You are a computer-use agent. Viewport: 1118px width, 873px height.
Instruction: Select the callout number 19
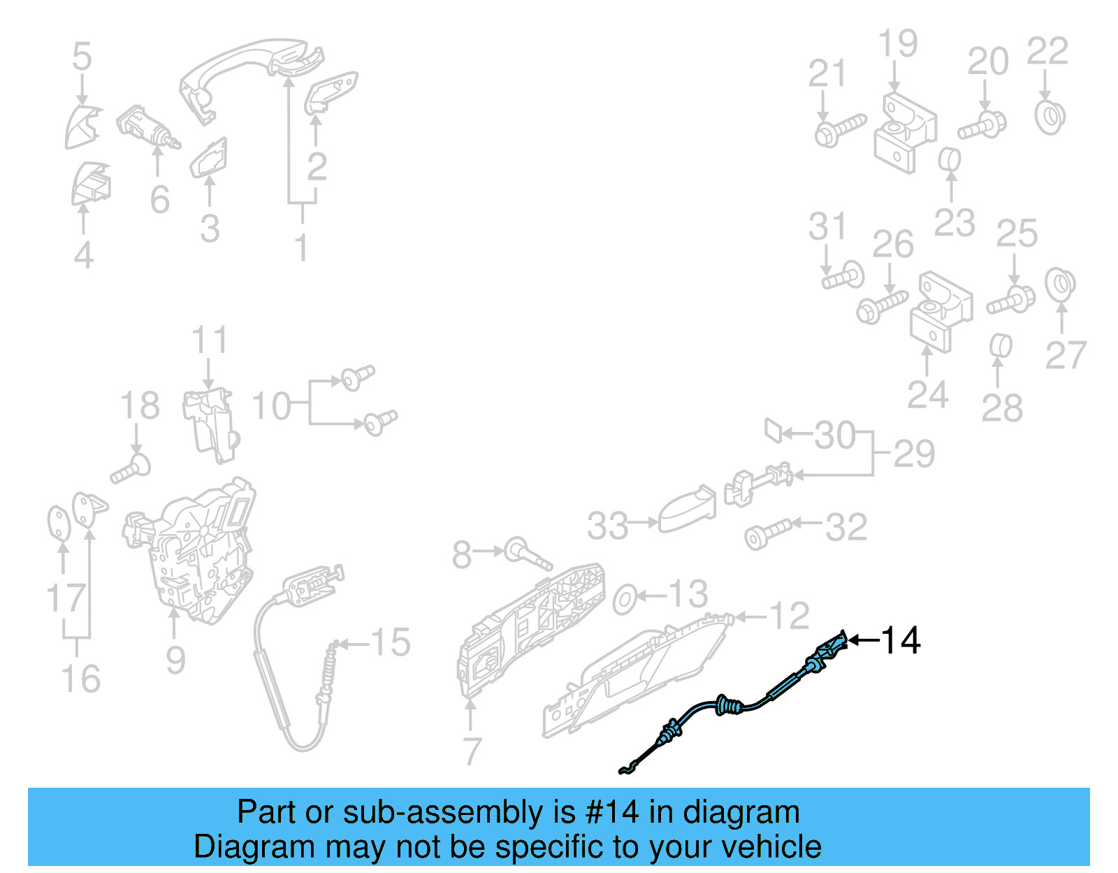(897, 43)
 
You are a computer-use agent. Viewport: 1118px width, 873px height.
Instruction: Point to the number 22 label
(1047, 51)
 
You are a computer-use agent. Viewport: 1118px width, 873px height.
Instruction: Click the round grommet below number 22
(1050, 117)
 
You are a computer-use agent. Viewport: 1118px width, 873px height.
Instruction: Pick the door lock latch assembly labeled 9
(196, 552)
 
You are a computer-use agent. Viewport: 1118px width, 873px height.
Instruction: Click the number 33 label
(607, 526)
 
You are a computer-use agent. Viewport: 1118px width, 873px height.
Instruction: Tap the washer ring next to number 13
(624, 599)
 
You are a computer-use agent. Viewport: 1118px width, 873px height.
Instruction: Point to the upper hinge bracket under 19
(904, 133)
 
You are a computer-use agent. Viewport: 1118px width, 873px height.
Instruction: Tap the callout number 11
(210, 340)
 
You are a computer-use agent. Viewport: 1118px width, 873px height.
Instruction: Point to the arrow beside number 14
(862, 640)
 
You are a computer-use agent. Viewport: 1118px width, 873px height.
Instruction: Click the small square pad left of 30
(773, 430)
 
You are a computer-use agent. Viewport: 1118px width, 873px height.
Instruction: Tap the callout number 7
(472, 751)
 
